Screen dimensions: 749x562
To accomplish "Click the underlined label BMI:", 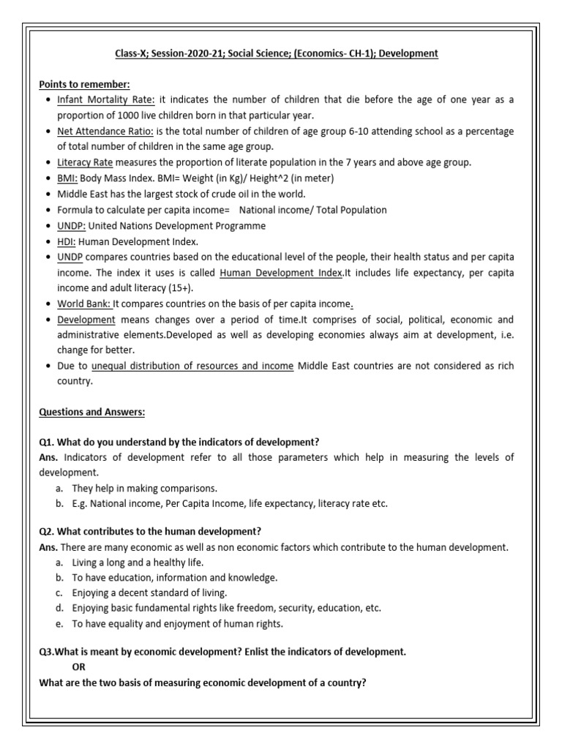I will point(69,178).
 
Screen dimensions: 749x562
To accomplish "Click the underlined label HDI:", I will point(67,241).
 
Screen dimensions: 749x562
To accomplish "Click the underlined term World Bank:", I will point(84,304).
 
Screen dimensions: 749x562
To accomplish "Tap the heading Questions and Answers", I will point(91,413).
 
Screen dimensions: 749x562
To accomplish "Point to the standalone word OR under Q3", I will point(79,668).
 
